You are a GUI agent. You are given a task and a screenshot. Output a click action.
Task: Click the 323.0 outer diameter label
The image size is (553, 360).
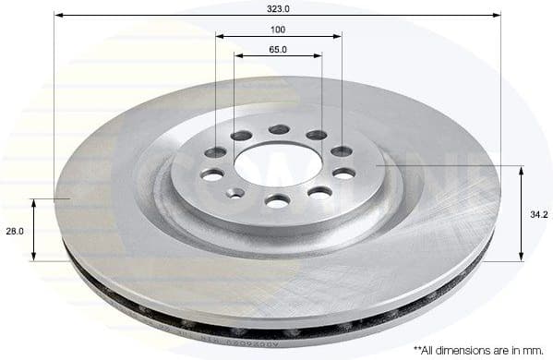pos(278,7)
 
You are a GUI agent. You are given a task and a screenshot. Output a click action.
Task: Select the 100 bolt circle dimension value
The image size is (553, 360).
pos(278,30)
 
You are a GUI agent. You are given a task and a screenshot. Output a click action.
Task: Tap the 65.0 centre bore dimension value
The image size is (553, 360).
pos(278,49)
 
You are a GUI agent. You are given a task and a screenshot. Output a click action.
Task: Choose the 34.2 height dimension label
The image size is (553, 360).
pos(539,214)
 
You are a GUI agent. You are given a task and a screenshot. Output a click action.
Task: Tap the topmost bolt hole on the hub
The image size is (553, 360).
pos(279,129)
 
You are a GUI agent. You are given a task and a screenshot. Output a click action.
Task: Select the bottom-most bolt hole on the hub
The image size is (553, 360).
pos(277,200)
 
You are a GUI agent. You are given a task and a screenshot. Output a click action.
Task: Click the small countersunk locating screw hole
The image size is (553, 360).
pos(236,193)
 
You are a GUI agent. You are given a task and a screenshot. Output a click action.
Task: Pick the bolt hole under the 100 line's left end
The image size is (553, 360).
pos(215,151)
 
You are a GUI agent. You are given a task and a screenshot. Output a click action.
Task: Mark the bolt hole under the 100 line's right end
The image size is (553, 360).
pos(342,150)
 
